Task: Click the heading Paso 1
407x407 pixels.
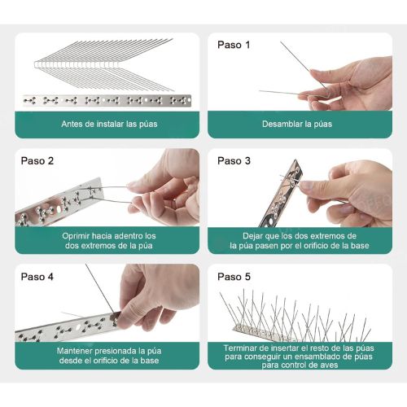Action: tap(234, 45)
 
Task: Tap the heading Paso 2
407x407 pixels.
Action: tap(37, 160)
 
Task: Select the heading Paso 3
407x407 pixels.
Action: tap(234, 160)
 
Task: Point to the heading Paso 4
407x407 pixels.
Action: tap(37, 277)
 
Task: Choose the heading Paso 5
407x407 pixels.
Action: tap(234, 277)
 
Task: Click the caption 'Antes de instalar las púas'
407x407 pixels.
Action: tap(109, 124)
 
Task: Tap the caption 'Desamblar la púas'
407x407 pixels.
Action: tap(297, 124)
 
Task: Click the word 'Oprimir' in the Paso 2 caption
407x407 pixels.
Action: tap(76, 236)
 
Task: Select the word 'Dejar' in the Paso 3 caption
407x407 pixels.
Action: tap(252, 236)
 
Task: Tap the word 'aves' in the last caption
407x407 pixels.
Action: tap(329, 365)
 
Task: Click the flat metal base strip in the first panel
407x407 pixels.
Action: tap(107, 101)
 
